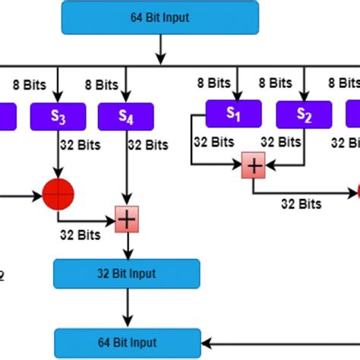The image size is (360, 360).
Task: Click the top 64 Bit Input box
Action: pyautogui.click(x=159, y=17)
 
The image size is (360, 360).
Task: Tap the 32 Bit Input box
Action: pyautogui.click(x=127, y=273)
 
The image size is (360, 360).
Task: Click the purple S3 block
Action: pyautogui.click(x=58, y=116)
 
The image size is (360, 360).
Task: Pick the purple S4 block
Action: pyautogui.click(x=126, y=116)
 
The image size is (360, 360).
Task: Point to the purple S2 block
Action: pyautogui.click(x=304, y=115)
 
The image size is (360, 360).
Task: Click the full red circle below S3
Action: pyautogui.click(x=58, y=195)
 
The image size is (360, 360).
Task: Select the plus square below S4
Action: pyautogui.click(x=126, y=219)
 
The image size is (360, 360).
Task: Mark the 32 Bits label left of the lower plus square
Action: pyautogui.click(x=79, y=235)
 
